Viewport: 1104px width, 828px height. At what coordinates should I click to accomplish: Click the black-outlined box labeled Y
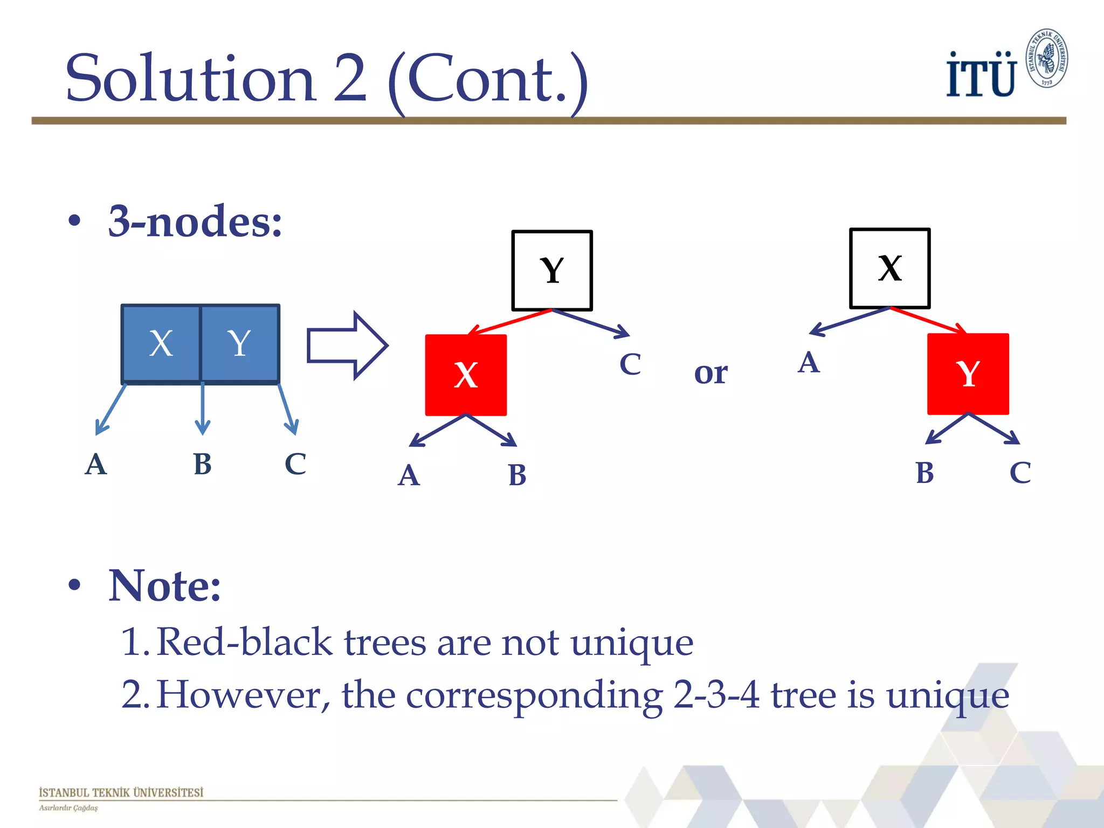(x=551, y=270)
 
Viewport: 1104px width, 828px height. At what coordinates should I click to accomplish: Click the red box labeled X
(x=466, y=375)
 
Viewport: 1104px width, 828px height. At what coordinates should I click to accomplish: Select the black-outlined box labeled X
(x=889, y=268)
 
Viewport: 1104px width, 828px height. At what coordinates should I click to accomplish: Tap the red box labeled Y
(x=968, y=374)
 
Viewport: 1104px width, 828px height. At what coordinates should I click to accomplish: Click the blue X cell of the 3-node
(x=161, y=343)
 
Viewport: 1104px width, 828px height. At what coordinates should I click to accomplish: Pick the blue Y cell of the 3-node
(x=239, y=343)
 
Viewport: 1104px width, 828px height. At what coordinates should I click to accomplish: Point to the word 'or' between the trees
(x=710, y=372)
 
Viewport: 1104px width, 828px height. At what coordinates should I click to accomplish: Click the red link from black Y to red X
(x=509, y=322)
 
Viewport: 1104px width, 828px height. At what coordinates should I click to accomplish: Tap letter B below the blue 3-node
(x=202, y=464)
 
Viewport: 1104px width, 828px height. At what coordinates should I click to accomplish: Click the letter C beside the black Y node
(x=630, y=364)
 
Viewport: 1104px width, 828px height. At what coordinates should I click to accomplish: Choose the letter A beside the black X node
(x=809, y=362)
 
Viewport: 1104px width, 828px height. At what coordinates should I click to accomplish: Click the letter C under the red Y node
(x=1020, y=473)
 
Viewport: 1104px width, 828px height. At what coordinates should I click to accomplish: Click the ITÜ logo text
(x=981, y=75)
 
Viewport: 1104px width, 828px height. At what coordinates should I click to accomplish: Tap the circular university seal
(x=1046, y=58)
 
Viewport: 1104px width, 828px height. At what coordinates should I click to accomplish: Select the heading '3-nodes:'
(x=195, y=222)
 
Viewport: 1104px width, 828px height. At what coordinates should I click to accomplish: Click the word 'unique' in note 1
(x=631, y=643)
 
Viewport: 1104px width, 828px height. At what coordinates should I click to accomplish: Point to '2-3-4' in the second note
(x=716, y=695)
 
